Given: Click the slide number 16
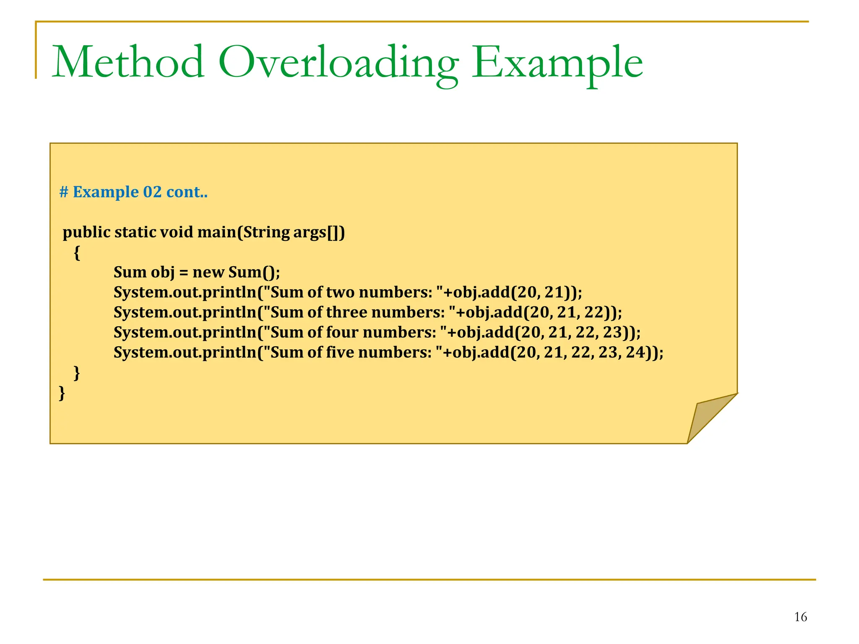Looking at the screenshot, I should coord(800,617).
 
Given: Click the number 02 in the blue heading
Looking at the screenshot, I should coord(152,192).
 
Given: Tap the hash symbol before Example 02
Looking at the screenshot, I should coord(64,192).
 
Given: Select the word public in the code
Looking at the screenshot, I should coord(86,232).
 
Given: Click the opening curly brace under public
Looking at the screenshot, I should coord(77,252).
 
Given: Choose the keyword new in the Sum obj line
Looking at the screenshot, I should coord(208,273).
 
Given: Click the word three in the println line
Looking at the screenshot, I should coord(346,312).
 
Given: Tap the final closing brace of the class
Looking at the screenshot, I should coord(62,393).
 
